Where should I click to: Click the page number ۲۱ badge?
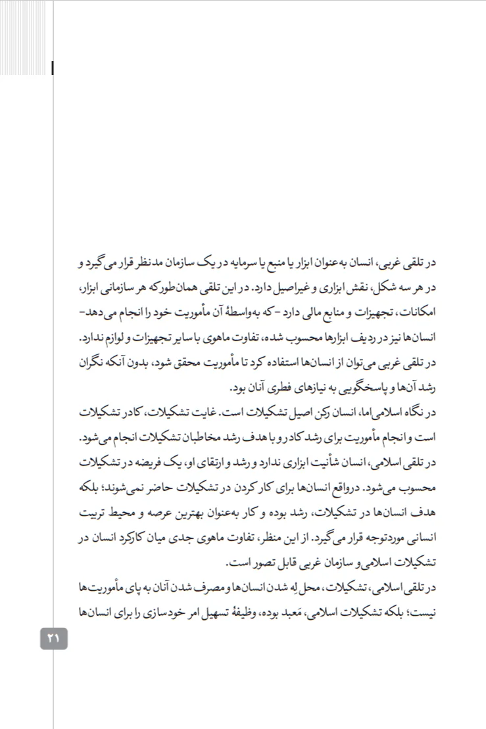(x=54, y=637)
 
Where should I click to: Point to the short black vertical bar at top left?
(x=52, y=66)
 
